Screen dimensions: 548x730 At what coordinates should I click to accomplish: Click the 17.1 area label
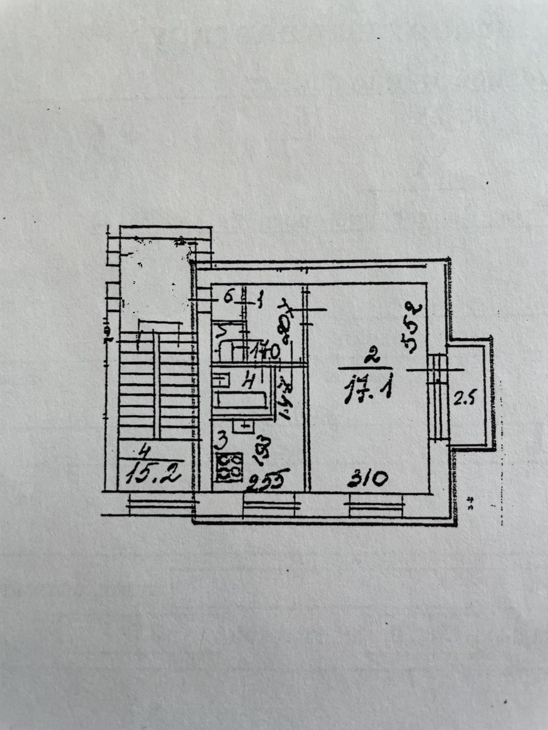coord(368,392)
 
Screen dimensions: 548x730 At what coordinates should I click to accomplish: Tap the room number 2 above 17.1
coord(372,358)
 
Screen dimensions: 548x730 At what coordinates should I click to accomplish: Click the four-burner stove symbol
coord(230,465)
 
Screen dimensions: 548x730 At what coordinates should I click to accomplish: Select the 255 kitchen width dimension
coord(268,480)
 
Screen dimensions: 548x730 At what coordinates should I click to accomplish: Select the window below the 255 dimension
coord(272,502)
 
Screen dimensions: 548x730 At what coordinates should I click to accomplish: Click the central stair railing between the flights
coord(155,382)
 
